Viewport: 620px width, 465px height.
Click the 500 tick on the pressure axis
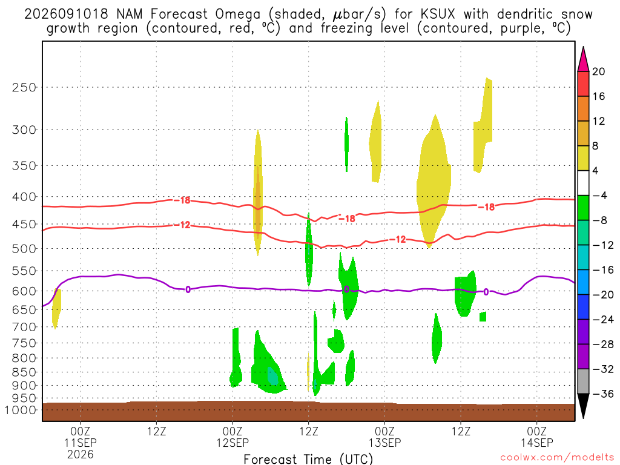24,249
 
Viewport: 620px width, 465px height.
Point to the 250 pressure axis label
24,87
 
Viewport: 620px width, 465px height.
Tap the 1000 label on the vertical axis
21,410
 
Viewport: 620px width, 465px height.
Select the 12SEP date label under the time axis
232,443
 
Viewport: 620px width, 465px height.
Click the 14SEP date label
537,443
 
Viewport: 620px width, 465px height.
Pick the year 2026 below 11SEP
81,454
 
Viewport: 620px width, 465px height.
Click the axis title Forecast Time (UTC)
308,459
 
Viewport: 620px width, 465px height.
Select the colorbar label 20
599,71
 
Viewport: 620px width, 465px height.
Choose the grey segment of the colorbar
583,381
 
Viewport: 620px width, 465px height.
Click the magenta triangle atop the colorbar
583,60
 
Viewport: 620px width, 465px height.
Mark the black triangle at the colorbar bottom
583,405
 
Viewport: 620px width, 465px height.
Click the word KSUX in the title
438,15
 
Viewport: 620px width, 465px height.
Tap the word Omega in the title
238,15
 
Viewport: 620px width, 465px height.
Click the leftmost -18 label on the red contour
182,200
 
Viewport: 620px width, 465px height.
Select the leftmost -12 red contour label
182,225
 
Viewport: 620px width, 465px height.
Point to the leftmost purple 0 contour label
188,289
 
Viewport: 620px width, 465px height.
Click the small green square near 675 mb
483,317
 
